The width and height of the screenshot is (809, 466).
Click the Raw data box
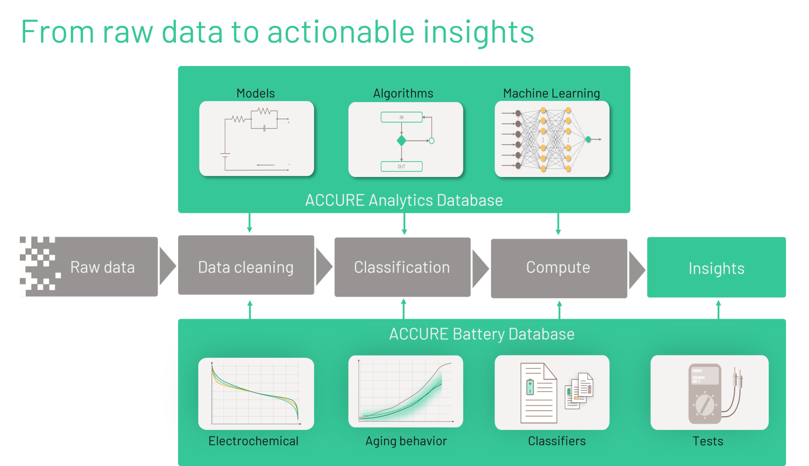coord(89,267)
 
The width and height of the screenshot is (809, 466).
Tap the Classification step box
coord(403,267)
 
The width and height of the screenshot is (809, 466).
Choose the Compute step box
coord(559,268)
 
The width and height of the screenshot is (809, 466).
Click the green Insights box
coord(716,267)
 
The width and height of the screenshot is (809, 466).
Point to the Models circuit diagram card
coord(256,139)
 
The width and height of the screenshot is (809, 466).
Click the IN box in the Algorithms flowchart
coord(401,117)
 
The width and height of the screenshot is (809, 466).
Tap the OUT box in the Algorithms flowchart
coord(401,166)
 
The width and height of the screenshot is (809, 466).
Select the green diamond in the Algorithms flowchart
coord(401,141)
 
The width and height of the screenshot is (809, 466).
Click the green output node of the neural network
coord(588,139)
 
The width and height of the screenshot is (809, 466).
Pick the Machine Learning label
coord(551,94)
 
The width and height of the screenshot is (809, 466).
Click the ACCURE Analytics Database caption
coord(404,200)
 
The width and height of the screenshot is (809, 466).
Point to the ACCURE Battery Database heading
coord(482,334)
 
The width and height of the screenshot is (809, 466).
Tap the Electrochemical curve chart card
coord(256,393)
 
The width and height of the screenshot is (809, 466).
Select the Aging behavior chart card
coord(406,391)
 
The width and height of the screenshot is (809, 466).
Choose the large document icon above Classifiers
coord(538,393)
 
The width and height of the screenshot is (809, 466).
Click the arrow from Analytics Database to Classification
coord(404,225)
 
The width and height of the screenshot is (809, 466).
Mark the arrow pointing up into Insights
coord(718,309)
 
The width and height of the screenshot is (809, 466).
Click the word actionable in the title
coord(341,32)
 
